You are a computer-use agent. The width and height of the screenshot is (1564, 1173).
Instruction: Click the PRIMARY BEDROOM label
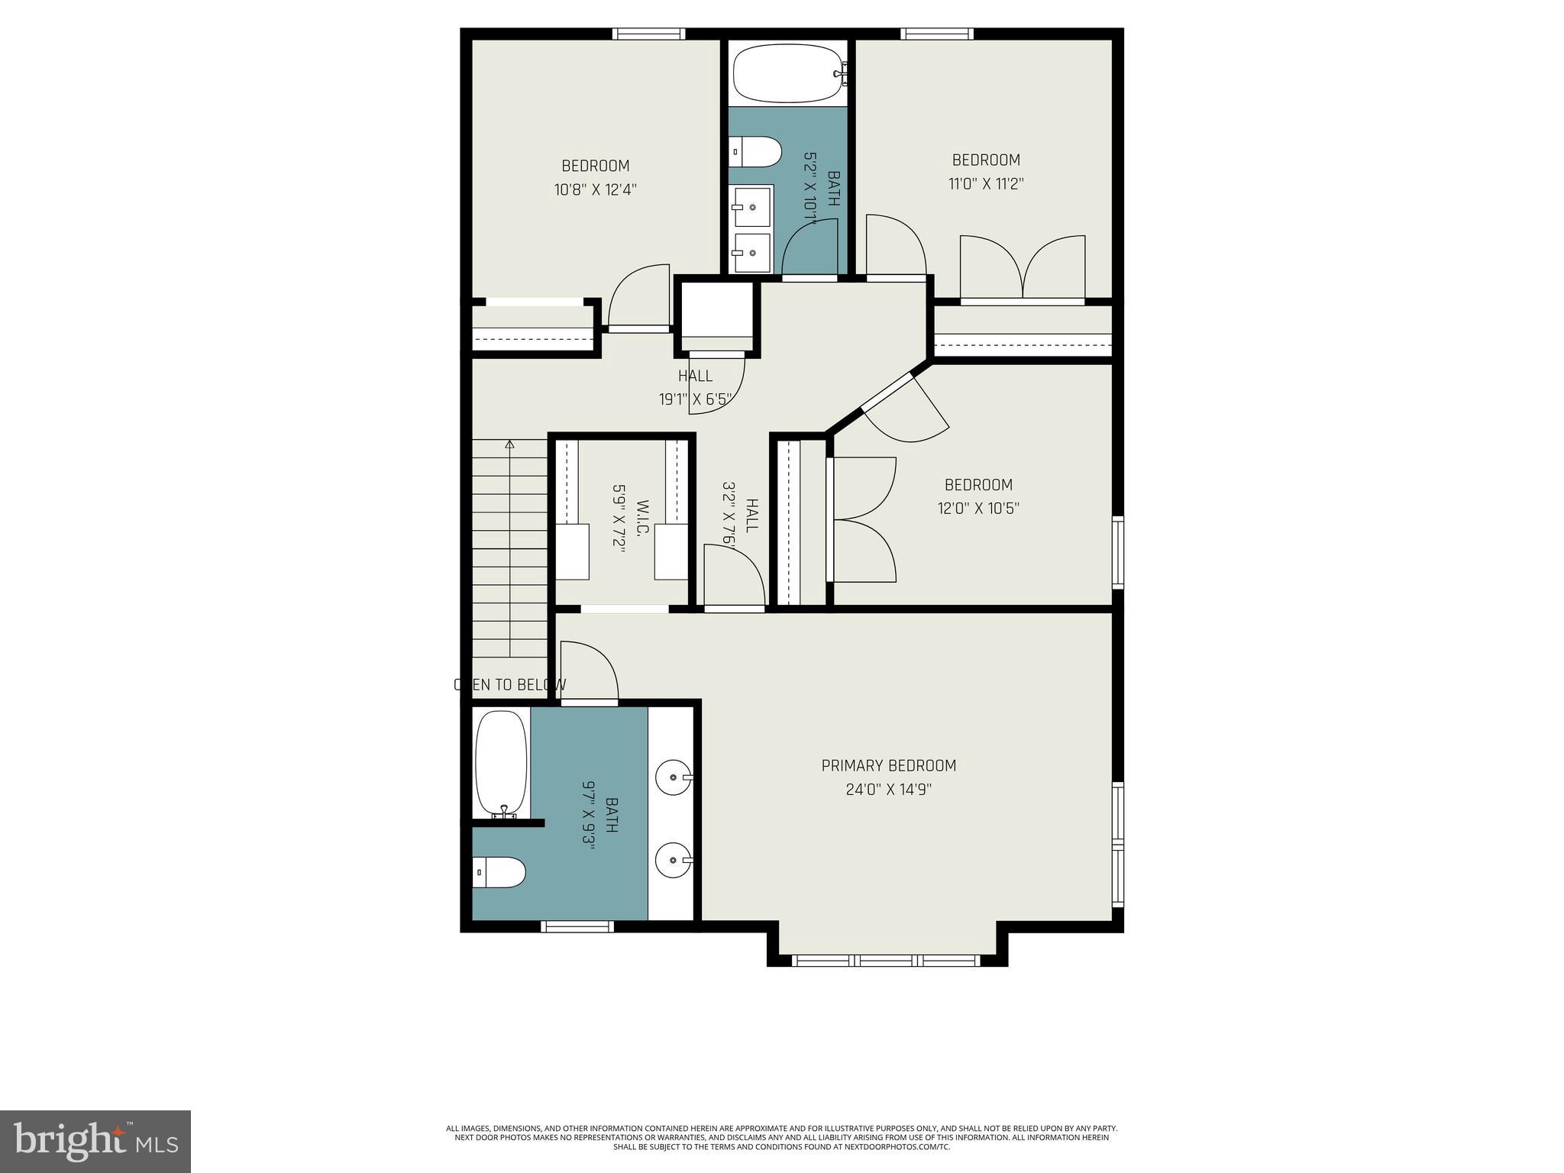point(888,765)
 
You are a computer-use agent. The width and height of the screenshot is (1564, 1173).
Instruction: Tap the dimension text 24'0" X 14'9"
point(888,789)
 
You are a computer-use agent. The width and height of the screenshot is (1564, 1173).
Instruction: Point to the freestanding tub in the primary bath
point(501,764)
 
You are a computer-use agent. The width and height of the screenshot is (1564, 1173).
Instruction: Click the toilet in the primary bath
point(499,871)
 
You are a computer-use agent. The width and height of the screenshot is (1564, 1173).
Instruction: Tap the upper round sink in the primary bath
point(674,777)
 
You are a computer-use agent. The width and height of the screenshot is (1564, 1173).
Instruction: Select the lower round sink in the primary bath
point(674,861)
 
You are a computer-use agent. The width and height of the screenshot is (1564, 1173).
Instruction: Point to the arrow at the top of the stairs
point(509,444)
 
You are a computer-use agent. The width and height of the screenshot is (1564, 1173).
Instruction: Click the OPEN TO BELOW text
point(510,685)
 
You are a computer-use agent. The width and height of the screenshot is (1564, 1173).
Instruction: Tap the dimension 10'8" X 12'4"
point(595,189)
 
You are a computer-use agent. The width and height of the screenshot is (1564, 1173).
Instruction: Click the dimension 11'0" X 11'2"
point(986,183)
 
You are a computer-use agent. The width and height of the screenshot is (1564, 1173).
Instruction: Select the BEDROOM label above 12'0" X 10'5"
point(978,485)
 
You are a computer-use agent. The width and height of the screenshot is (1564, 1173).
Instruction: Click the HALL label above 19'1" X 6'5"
point(695,376)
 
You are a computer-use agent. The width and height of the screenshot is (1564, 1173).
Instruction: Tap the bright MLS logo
point(95,1141)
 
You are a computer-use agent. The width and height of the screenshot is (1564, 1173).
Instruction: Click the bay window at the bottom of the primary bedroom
point(887,960)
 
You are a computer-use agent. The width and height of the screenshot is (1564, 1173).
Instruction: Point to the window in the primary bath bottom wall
point(577,926)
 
